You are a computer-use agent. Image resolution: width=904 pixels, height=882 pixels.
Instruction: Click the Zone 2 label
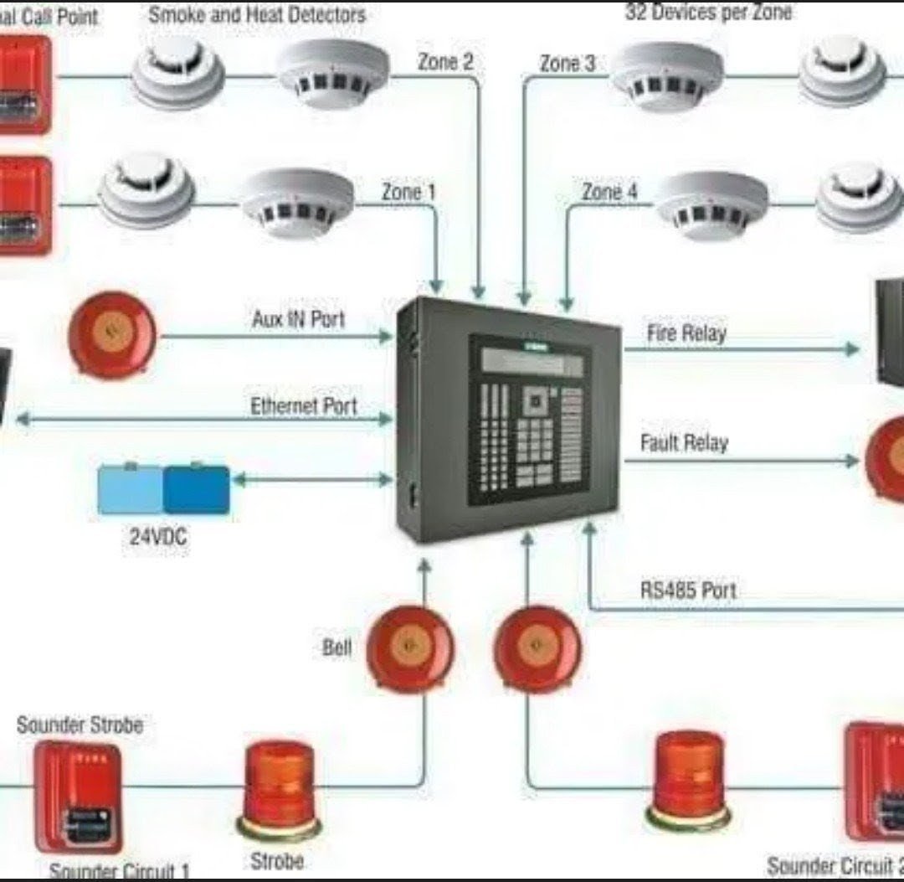[x=444, y=62]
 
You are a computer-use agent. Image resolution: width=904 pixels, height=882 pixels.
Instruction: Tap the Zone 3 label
[x=567, y=63]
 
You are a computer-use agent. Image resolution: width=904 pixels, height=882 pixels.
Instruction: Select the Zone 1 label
[x=408, y=192]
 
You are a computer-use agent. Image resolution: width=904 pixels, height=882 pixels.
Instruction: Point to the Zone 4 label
[x=609, y=193]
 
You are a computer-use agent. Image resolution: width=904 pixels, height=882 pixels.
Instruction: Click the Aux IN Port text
[x=298, y=319]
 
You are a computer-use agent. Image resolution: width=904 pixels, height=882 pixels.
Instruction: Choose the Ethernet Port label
[x=303, y=406]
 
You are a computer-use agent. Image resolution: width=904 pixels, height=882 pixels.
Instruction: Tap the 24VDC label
[x=158, y=537]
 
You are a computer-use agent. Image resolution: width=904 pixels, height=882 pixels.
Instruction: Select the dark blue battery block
[x=196, y=489]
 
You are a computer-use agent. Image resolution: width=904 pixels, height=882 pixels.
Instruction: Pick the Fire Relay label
[x=686, y=333]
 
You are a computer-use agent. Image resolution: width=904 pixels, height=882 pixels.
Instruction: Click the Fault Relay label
[x=684, y=442]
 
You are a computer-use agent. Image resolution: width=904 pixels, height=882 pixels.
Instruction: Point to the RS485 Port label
[x=688, y=590]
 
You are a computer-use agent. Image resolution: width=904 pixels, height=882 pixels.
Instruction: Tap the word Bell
[x=336, y=647]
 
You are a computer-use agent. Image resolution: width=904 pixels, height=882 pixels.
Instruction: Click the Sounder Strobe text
[x=80, y=725]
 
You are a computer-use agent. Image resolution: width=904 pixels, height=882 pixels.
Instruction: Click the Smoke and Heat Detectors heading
[x=257, y=14]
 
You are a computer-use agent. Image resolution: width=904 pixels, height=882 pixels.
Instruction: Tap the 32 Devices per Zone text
[x=708, y=13]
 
